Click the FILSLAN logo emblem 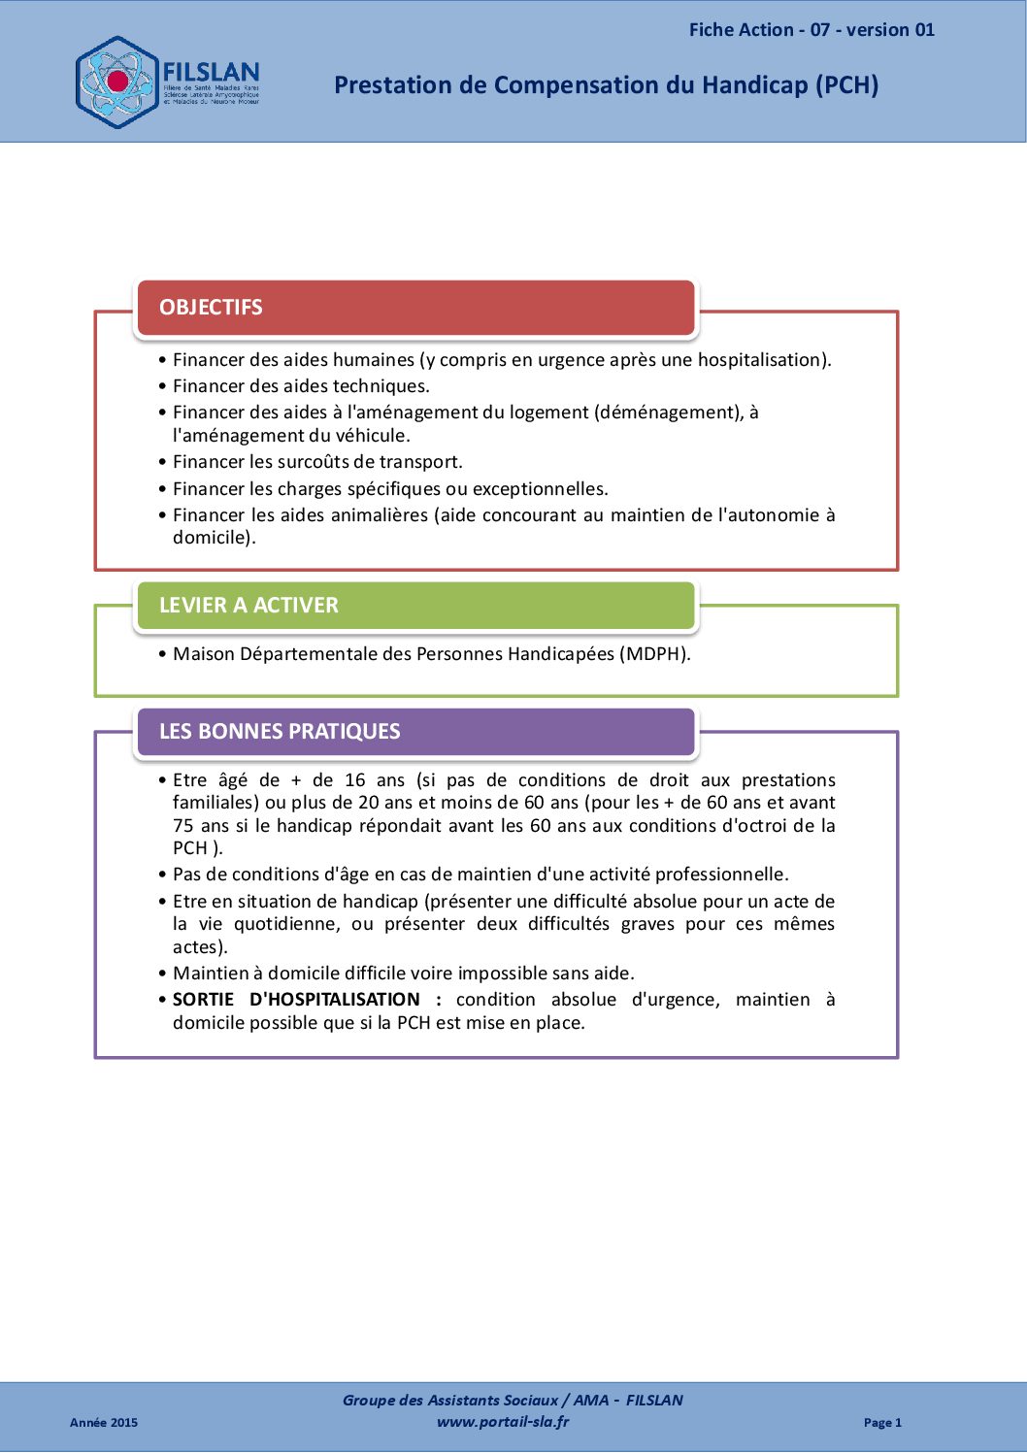pos(116,83)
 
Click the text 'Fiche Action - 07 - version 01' pos(812,30)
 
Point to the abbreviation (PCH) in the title pos(846,85)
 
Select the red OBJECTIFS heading pos(211,308)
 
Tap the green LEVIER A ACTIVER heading pos(248,606)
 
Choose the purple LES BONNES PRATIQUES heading pos(280,732)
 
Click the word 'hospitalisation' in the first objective pos(761,360)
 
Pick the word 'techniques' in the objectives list pos(379,386)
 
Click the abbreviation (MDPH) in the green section pos(654,654)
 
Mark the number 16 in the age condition pos(355,780)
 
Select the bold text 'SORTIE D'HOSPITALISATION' pos(296,1000)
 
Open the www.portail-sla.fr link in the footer pos(503,1422)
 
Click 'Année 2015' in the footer pos(104,1423)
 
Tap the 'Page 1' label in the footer pos(882,1423)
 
